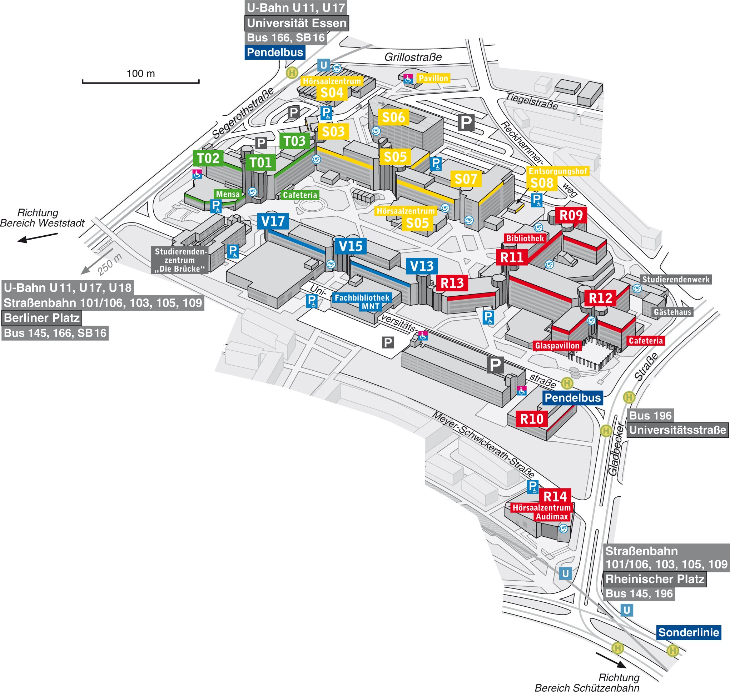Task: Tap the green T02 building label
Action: pyautogui.click(x=208, y=158)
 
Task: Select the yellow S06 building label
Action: pyautogui.click(x=393, y=117)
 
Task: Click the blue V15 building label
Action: pyautogui.click(x=350, y=246)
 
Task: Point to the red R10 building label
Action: pyautogui.click(x=531, y=419)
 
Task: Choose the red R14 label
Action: pyautogui.click(x=555, y=496)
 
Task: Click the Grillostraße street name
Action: pyautogui.click(x=413, y=57)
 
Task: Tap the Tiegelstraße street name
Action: pyautogui.click(x=531, y=101)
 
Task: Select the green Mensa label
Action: pyautogui.click(x=228, y=194)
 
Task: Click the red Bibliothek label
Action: pyautogui.click(x=525, y=238)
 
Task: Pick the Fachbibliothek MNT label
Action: pyautogui.click(x=362, y=302)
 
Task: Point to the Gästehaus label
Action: pyautogui.click(x=672, y=312)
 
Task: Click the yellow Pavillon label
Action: pyautogui.click(x=433, y=78)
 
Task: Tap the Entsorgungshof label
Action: pyautogui.click(x=557, y=171)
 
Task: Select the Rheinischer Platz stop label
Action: pyautogui.click(x=655, y=579)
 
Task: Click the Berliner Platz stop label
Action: pyautogui.click(x=42, y=318)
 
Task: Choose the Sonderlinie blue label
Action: pyautogui.click(x=688, y=633)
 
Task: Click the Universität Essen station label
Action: pyautogui.click(x=296, y=23)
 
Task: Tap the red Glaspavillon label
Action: pyautogui.click(x=557, y=346)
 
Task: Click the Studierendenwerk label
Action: pyautogui.click(x=675, y=280)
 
